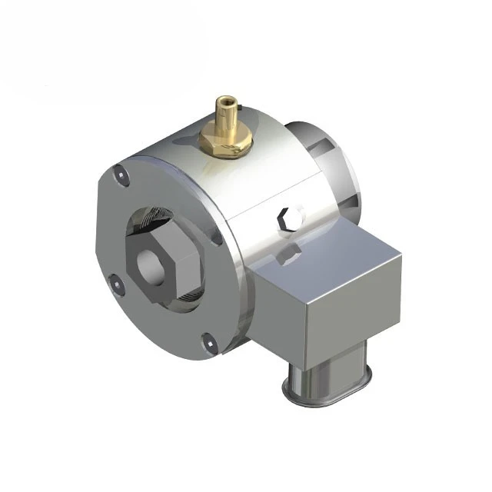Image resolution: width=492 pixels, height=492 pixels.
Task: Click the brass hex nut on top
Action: tap(224, 141)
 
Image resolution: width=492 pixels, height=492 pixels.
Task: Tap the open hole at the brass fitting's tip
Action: tap(225, 99)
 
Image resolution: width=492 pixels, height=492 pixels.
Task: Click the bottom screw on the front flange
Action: tap(207, 343)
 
